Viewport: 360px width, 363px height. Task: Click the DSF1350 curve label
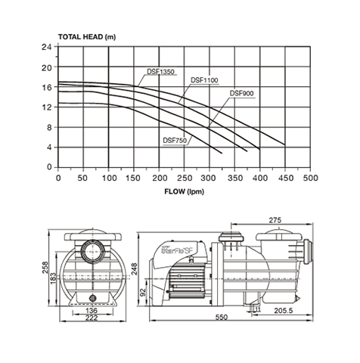[x=160, y=72]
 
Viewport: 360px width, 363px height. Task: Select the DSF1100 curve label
[x=204, y=80]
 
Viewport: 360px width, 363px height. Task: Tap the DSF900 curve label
[x=241, y=93]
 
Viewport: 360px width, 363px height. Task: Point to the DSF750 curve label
[x=175, y=141]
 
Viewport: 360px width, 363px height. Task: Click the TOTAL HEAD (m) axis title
[x=87, y=37]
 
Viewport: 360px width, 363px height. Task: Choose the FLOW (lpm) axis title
[x=185, y=191]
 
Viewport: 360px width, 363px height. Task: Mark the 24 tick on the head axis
[x=46, y=47]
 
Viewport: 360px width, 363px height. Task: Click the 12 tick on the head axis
[x=46, y=107]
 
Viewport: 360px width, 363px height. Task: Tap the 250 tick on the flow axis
[x=185, y=178]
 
